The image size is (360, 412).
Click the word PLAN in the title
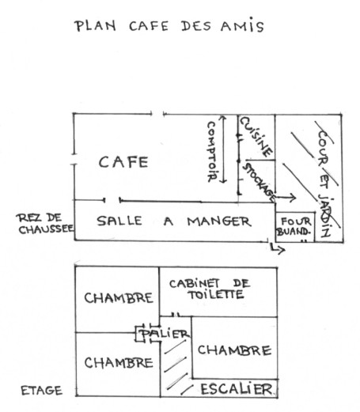[95, 26]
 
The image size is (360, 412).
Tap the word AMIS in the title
[242, 25]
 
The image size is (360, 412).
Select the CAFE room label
[123, 162]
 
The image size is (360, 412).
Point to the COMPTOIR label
[211, 151]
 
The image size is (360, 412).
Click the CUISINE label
[256, 137]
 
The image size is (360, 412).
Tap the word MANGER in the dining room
[219, 221]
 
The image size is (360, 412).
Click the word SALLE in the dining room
[119, 221]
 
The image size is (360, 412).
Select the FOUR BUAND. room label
[294, 227]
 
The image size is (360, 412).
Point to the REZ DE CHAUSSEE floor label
[45, 224]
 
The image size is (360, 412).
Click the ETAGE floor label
[42, 391]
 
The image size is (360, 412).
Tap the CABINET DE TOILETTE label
[210, 289]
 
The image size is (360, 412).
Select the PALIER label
[165, 334]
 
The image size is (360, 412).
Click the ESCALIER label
[237, 389]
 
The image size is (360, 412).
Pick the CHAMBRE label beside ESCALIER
[234, 350]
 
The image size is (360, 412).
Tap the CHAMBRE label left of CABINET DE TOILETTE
[119, 298]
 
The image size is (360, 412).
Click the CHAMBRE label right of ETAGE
[119, 363]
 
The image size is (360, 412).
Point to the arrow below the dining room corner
[277, 248]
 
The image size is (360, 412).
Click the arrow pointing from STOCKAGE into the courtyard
[286, 197]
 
